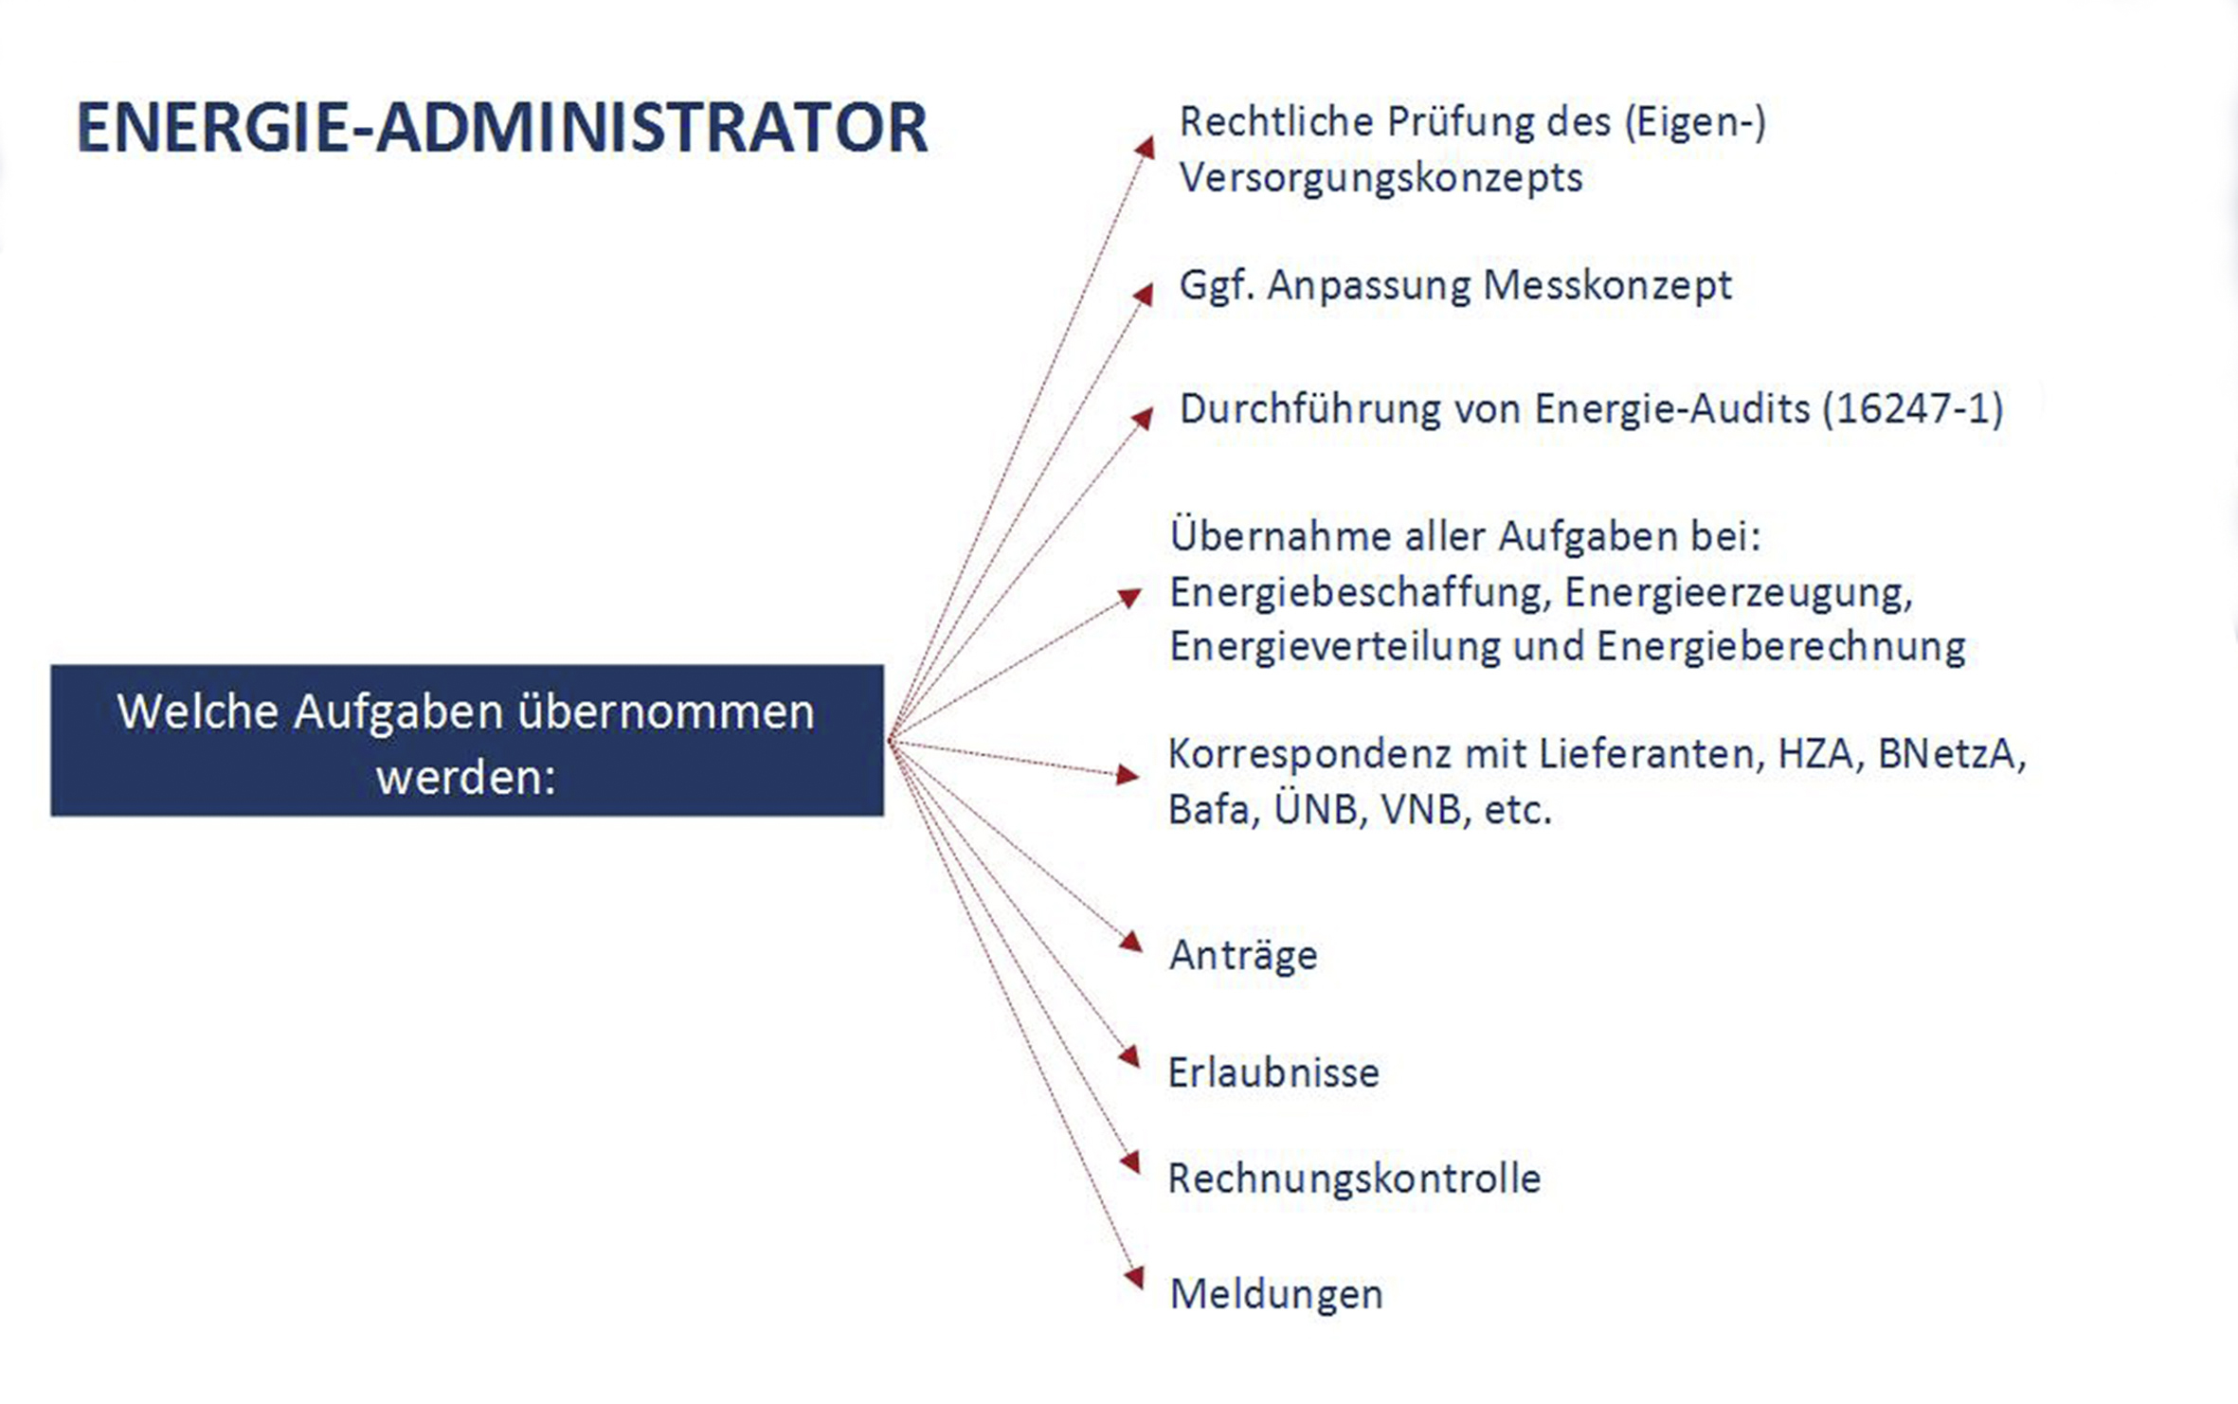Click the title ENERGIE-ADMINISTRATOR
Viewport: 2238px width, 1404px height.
[x=502, y=128]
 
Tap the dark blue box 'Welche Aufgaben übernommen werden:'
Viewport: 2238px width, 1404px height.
[x=467, y=740]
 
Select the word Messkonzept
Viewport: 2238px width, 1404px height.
[x=1607, y=285]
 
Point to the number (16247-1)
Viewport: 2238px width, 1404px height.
[x=1912, y=409]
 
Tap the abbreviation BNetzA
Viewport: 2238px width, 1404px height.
[x=1952, y=755]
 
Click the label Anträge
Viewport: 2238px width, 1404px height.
[x=1243, y=955]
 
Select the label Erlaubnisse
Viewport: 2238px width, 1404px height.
[x=1273, y=1073]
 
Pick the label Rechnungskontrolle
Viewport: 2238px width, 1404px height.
[x=1354, y=1179]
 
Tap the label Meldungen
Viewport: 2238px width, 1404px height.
[x=1276, y=1295]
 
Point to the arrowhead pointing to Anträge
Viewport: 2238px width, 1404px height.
[x=1131, y=941]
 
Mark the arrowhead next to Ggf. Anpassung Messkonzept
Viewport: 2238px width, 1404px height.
[x=1144, y=294]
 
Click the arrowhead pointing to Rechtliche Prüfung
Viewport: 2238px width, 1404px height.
[x=1146, y=147]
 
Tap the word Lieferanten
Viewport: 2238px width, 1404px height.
[x=1651, y=755]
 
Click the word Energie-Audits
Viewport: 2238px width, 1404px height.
[x=1671, y=409]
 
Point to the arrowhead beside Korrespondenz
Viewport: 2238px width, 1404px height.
[x=1128, y=775]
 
